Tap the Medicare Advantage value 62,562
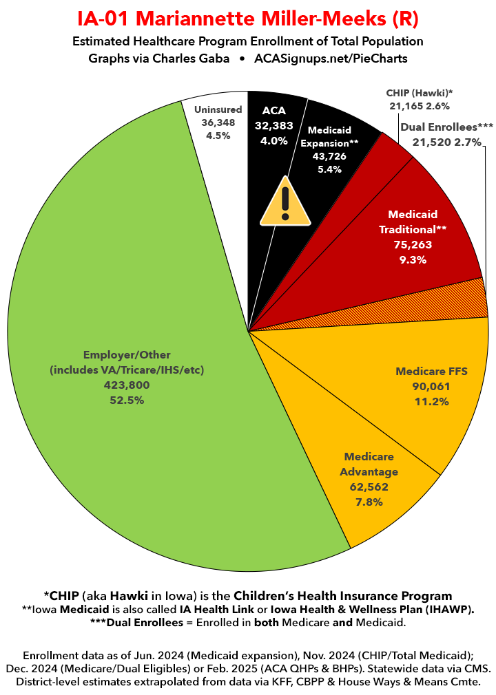(x=369, y=487)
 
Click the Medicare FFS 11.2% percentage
(x=431, y=401)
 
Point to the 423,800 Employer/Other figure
(x=126, y=385)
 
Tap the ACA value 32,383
(x=273, y=126)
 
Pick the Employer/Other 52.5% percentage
(x=126, y=400)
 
